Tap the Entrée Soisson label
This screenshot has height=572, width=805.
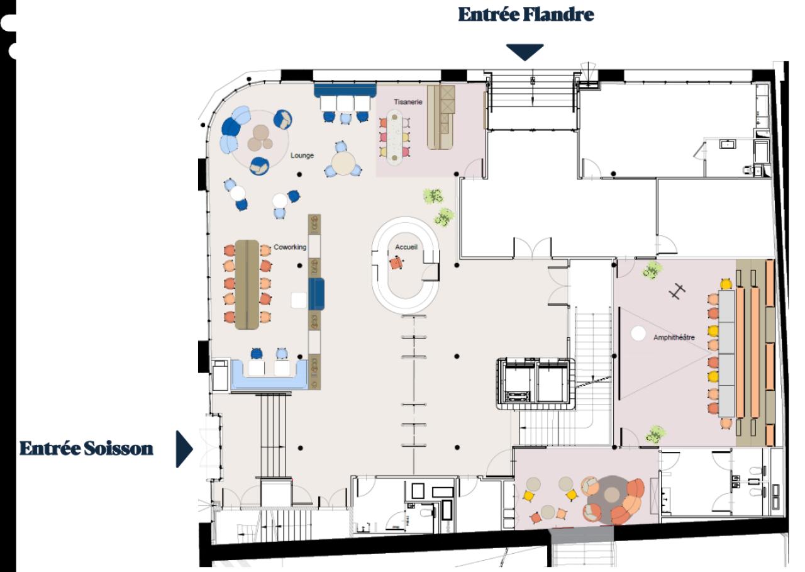86,449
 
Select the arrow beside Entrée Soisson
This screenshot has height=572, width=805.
184,449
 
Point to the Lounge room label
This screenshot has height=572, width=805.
302,155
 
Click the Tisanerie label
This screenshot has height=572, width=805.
409,101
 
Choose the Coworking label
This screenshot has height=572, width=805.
290,247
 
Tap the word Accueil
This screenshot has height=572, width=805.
406,247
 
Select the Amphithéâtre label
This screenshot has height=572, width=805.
674,337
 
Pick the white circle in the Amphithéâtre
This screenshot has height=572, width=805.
638,334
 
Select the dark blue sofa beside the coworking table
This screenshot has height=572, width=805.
316,294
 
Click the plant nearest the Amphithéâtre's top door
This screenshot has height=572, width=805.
652,272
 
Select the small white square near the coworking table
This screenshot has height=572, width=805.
298,300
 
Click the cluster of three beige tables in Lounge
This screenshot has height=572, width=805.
260,137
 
